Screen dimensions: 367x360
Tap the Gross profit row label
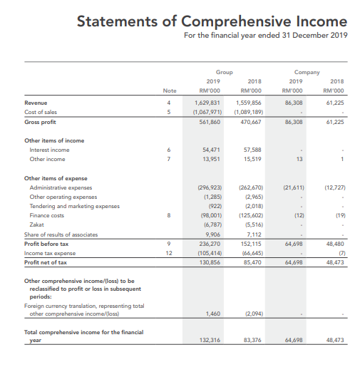pyautogui.click(x=41, y=122)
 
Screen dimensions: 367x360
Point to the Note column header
pyautogui.click(x=169, y=91)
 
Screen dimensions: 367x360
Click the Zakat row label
pyautogui.click(x=36, y=224)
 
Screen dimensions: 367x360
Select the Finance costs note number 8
pyautogui.click(x=169, y=214)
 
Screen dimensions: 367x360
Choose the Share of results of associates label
pyautogui.click(x=58, y=233)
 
